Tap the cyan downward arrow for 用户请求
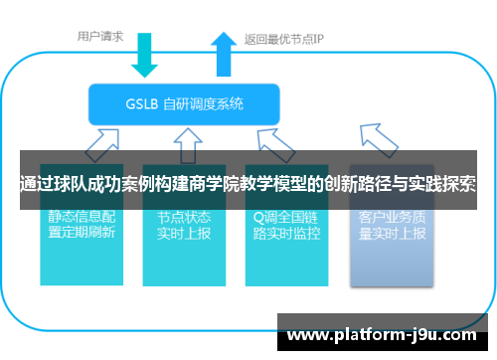coord(145,54)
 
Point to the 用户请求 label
coord(100,36)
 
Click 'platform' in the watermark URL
coord(372,336)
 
